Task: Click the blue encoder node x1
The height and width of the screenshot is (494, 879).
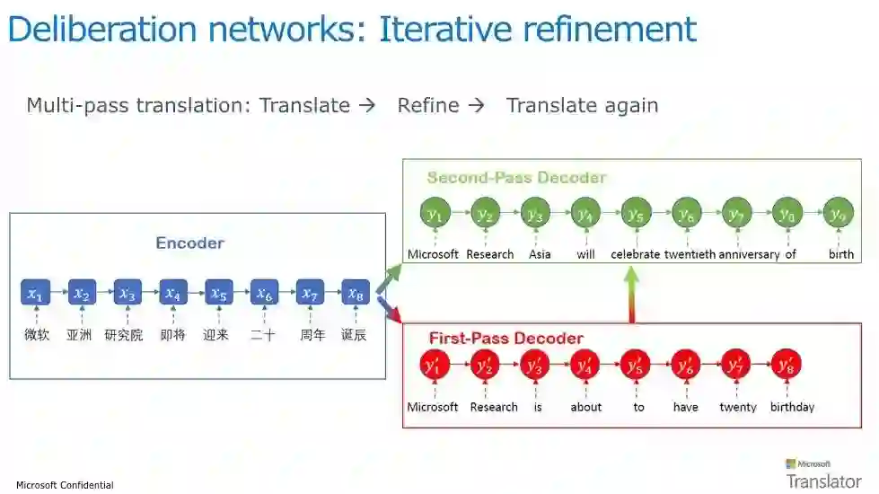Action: click(35, 293)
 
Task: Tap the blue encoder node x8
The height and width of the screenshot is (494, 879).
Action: click(356, 293)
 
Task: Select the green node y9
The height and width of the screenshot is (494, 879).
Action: click(839, 213)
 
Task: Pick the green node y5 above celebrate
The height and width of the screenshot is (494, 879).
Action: click(636, 213)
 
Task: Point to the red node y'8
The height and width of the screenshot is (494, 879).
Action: click(786, 365)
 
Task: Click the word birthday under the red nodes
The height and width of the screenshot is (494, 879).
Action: click(792, 407)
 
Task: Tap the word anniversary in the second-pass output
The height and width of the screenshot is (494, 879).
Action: click(748, 254)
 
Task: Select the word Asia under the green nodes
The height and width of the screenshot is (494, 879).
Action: click(540, 254)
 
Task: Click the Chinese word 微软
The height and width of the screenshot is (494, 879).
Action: click(37, 336)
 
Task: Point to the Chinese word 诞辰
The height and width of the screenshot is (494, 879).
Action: click(354, 336)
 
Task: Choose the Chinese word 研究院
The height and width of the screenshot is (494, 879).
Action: click(124, 336)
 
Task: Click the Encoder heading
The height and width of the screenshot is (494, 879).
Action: click(189, 243)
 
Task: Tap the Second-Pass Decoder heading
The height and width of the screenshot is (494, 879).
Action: click(516, 177)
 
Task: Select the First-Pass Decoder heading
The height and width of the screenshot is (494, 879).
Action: click(505, 339)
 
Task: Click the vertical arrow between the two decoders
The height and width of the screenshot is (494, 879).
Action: click(632, 295)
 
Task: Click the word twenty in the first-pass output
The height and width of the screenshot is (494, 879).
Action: click(738, 407)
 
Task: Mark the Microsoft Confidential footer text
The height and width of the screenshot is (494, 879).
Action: click(65, 485)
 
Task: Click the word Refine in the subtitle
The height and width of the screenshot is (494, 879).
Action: click(428, 105)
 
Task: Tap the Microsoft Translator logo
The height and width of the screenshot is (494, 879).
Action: click(822, 474)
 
